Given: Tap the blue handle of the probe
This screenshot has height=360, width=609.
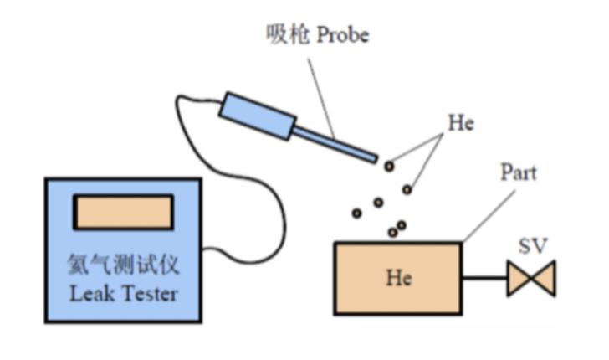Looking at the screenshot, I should pos(254,117).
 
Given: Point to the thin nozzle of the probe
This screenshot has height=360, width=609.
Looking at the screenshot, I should pos(334,141).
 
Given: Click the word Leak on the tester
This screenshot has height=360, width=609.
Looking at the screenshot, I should pos(90,295).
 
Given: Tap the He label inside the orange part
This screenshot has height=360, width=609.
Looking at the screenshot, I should pos(398,277).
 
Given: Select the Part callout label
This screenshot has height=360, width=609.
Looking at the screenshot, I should pos(518,173).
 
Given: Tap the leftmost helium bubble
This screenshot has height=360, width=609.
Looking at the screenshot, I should pos(357,213).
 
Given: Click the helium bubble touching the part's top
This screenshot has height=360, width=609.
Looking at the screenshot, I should pos(391,233).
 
